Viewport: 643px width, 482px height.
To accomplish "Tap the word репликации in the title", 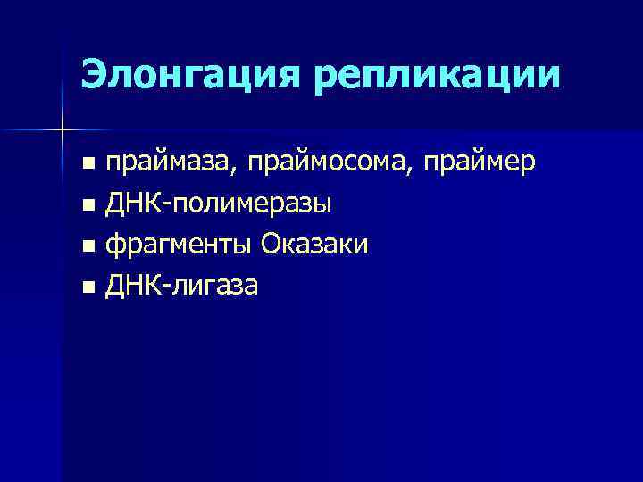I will point(438,76).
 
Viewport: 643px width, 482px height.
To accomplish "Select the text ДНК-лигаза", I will point(182,287).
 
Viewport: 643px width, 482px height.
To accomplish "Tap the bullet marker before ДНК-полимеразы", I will point(87,206).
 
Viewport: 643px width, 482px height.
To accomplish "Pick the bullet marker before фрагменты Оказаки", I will point(87,247).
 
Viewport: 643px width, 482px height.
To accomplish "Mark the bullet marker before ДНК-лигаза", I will point(87,288).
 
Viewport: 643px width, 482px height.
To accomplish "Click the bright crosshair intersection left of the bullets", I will point(62,130).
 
